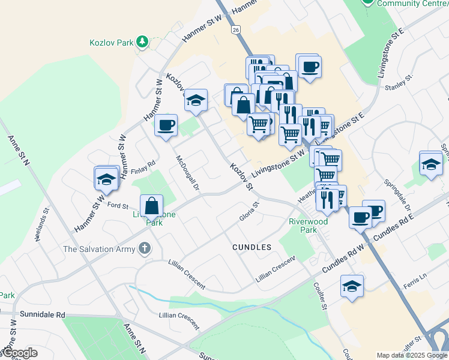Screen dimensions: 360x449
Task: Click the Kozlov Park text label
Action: coord(110,43)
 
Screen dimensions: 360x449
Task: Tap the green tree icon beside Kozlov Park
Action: coord(142,41)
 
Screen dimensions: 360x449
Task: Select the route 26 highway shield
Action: coord(236,29)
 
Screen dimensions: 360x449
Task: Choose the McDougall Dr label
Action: coord(187,172)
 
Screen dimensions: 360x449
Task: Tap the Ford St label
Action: coord(114,205)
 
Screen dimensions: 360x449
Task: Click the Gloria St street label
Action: coord(249,211)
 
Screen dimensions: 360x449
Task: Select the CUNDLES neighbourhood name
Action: coord(252,247)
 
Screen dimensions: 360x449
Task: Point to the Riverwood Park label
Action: coord(308,226)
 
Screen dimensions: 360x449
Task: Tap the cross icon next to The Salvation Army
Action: coord(143,248)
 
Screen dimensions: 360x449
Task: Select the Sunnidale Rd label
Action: coord(42,314)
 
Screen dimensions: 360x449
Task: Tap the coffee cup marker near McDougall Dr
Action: coord(166,125)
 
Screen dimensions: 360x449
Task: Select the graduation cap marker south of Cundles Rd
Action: coord(352,286)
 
